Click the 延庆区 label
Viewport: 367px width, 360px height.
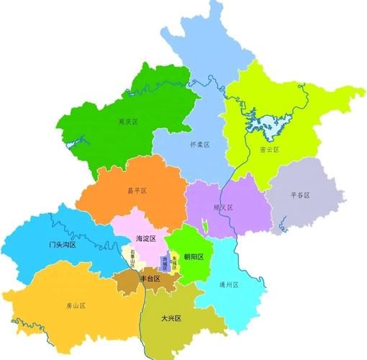[x=128, y=122]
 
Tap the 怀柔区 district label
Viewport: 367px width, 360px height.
[x=199, y=145]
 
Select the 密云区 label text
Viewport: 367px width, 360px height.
[x=268, y=150]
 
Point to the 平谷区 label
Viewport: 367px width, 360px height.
[x=300, y=195]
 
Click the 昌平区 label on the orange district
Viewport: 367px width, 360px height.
[x=137, y=191]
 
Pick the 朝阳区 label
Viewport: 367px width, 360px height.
[x=192, y=256]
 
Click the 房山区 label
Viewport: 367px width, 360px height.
[x=73, y=306]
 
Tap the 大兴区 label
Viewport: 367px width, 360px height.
[x=171, y=318]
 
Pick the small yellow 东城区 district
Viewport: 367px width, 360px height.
[x=175, y=261]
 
